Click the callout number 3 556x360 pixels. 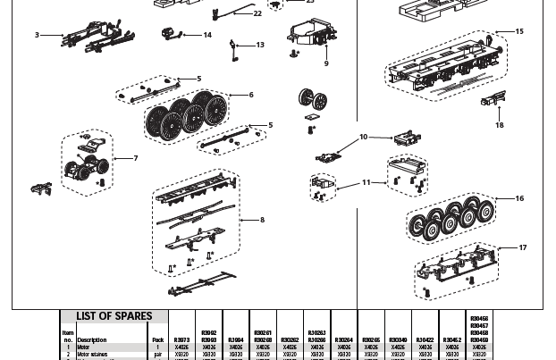37,36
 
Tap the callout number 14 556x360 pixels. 207,36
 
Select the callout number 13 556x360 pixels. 260,45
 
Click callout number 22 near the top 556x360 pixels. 257,13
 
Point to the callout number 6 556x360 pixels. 251,95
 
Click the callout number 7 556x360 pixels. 136,159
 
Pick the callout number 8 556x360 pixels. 262,220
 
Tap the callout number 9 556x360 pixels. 326,63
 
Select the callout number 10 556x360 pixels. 363,138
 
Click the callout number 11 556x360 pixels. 366,182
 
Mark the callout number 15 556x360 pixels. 519,31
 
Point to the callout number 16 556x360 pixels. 519,198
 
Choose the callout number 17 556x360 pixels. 523,248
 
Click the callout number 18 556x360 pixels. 500,125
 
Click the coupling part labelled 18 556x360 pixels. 493,100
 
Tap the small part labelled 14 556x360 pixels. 170,34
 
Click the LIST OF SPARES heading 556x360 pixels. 114,316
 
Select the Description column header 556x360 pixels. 92,340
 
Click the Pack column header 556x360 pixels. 158,340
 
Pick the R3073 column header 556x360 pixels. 181,340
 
